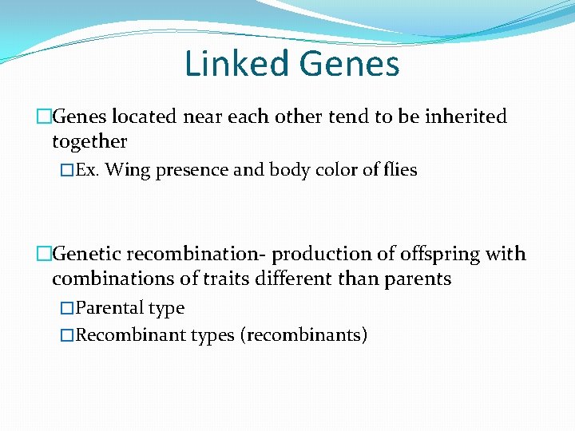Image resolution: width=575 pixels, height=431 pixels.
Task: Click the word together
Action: (89, 141)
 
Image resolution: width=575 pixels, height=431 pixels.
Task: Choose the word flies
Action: (399, 170)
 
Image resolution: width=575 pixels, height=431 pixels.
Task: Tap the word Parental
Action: (112, 308)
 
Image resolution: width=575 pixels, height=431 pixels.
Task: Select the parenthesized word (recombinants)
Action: (304, 334)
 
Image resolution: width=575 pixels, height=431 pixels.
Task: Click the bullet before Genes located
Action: (44, 117)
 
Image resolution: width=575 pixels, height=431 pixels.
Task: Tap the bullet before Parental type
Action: (68, 308)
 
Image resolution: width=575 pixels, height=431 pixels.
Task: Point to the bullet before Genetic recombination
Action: (44, 255)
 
